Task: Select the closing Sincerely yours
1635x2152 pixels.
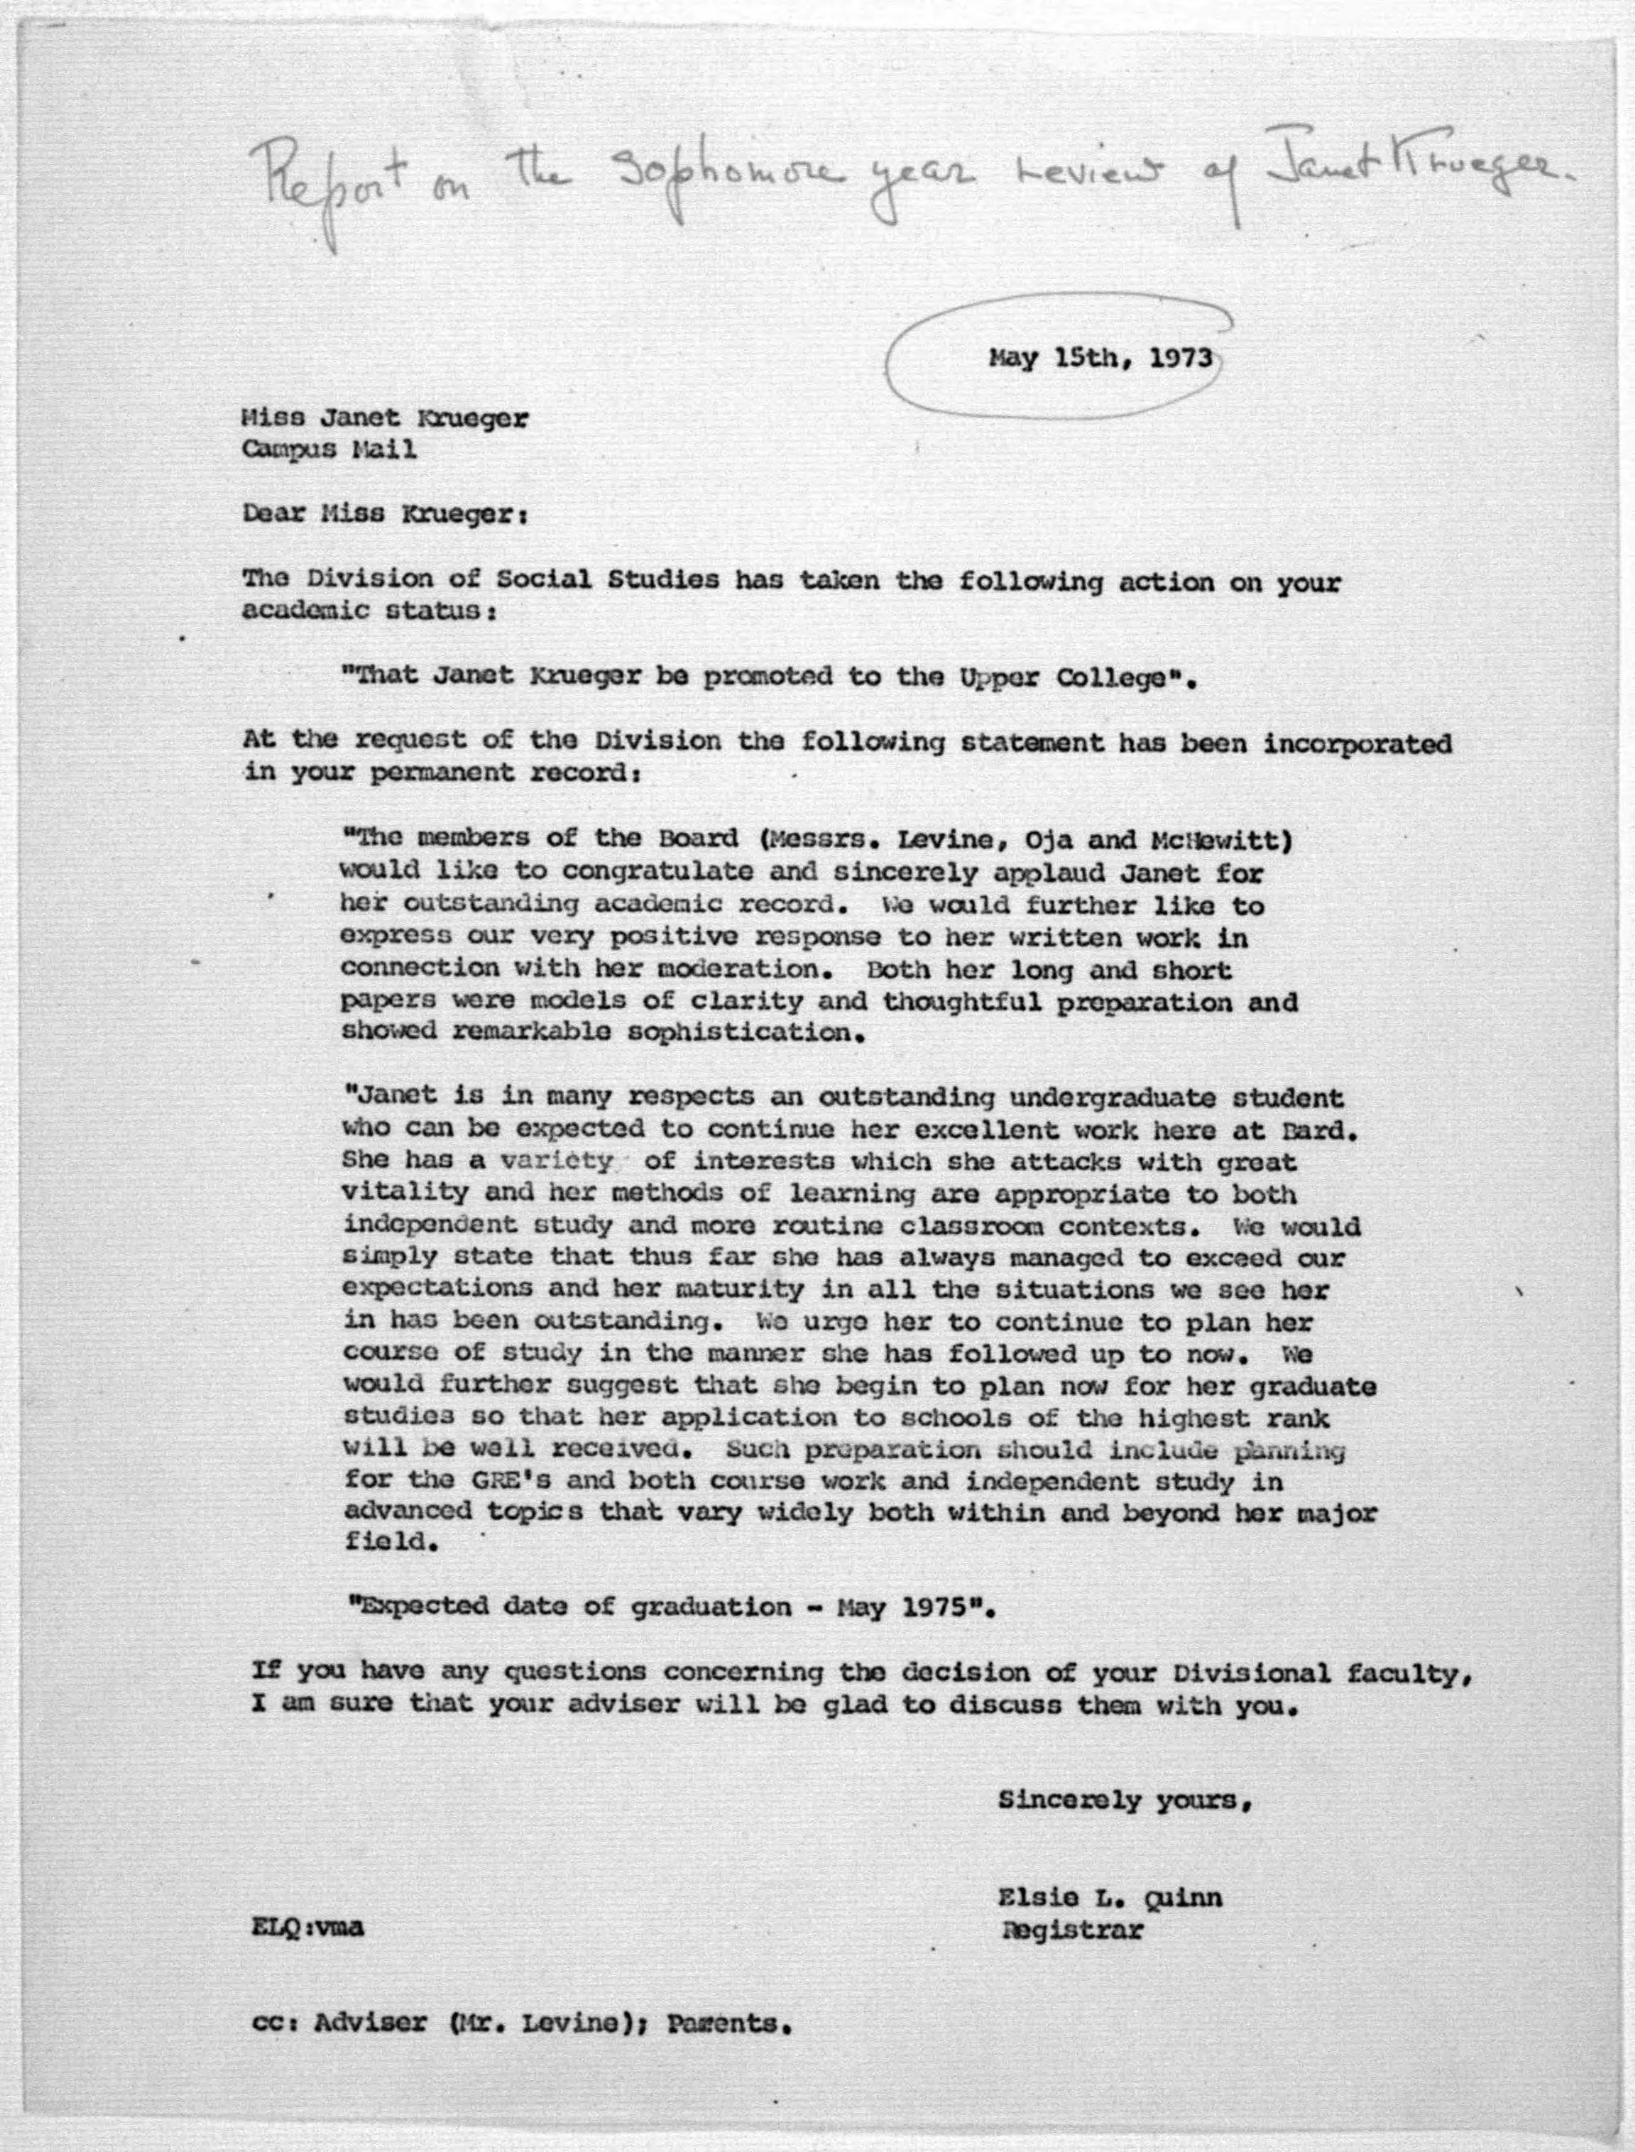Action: (1124, 1801)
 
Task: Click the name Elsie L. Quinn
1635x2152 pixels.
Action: (1109, 1898)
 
